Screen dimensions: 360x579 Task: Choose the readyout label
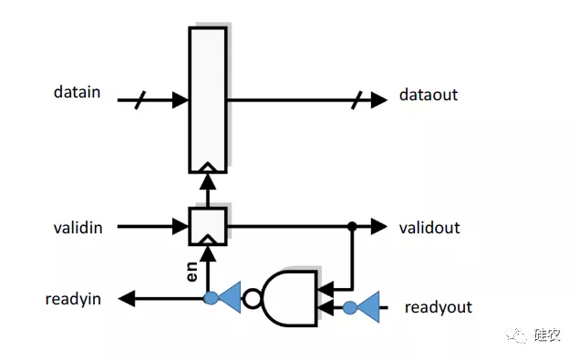point(438,307)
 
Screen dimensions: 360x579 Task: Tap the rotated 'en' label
point(193,271)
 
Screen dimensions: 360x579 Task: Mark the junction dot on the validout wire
point(351,226)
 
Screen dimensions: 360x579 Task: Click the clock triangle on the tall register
point(207,167)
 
